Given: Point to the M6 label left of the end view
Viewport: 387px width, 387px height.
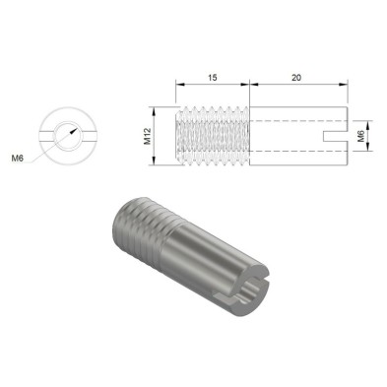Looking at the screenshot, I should tap(18, 157).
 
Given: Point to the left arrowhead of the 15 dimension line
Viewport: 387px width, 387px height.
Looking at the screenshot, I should tap(178, 86).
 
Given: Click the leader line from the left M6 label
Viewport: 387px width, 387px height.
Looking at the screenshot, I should tap(44, 147).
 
